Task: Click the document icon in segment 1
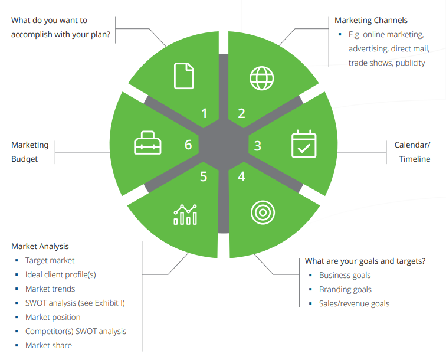point(183,76)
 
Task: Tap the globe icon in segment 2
point(262,78)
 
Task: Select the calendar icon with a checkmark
point(304,144)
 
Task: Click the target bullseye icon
point(263,212)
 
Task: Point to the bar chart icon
point(185,215)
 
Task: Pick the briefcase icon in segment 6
point(147,143)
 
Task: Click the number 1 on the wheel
point(204,113)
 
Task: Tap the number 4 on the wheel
point(241,176)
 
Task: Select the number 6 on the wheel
point(188,145)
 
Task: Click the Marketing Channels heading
point(371,21)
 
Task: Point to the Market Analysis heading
point(40,247)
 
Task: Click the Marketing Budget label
point(30,152)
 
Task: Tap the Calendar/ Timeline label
point(412,152)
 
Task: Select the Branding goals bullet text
point(345,289)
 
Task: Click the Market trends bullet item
point(50,289)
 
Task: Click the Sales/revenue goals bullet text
point(354,304)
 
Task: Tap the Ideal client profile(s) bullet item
point(61,274)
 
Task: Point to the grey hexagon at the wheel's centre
point(224,145)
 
